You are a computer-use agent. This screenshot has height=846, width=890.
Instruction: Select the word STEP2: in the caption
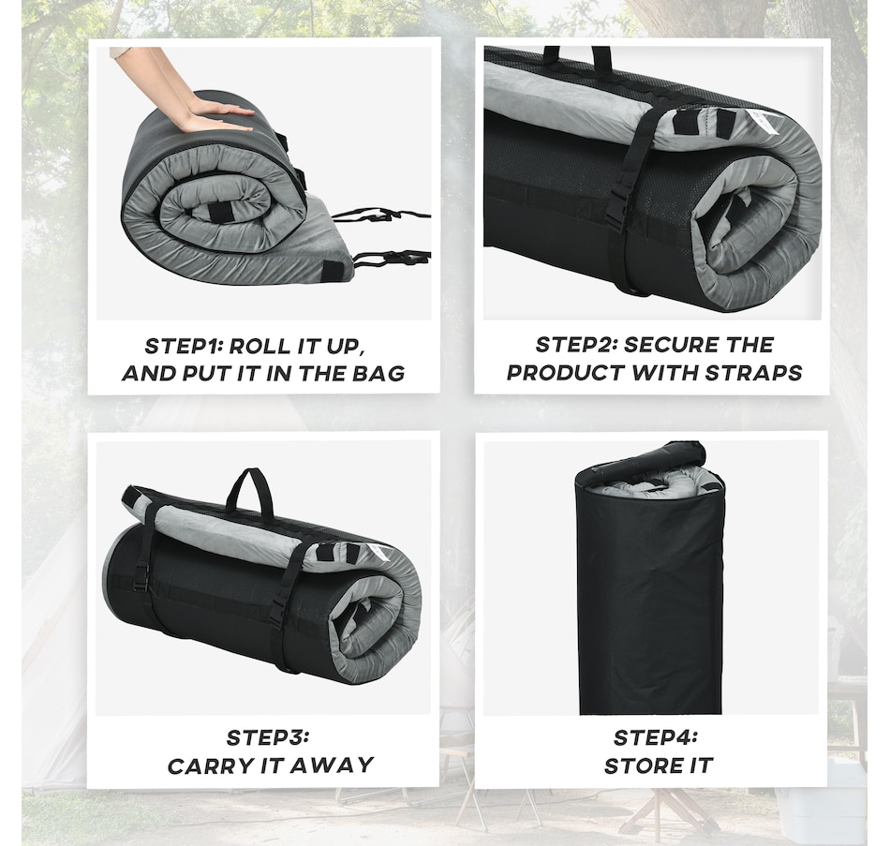[575, 345]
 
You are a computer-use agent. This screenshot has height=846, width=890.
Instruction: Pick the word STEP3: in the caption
[267, 738]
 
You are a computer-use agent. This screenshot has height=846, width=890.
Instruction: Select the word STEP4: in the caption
[656, 738]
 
